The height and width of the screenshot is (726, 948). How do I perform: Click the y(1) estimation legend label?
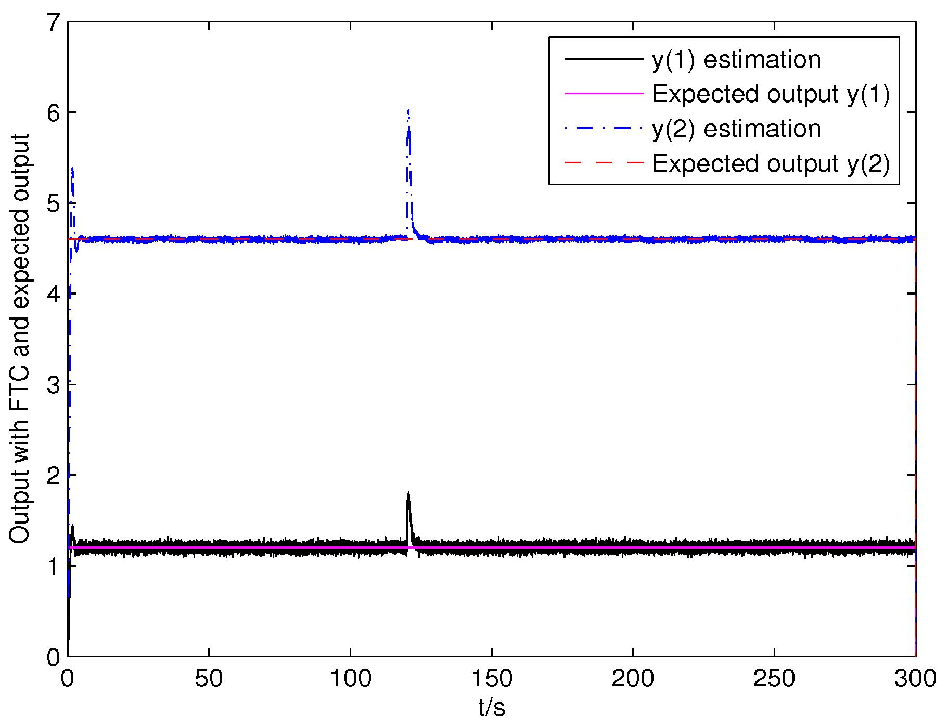736,60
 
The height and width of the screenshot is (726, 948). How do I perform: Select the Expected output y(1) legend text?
771,94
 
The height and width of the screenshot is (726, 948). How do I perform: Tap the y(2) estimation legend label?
736,129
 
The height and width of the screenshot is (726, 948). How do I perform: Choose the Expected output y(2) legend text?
771,164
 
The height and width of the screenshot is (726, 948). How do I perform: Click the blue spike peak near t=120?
409,110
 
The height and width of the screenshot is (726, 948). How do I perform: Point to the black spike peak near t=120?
408,492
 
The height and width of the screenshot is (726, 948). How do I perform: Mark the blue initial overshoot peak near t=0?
72,169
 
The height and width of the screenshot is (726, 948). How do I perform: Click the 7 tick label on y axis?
54,22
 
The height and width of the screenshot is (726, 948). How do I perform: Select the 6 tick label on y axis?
54,113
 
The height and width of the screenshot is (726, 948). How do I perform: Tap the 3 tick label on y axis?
54,385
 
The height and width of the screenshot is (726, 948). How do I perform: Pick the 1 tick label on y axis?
54,566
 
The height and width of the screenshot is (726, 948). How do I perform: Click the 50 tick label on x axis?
209,679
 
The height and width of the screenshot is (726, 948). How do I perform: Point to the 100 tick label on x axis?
351,679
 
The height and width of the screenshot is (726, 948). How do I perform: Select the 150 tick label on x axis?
492,679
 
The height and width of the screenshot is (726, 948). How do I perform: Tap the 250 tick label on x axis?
774,679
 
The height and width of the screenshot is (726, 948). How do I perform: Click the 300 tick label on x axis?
915,679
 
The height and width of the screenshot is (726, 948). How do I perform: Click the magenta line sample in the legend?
604,94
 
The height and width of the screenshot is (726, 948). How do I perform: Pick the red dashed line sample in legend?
604,163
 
